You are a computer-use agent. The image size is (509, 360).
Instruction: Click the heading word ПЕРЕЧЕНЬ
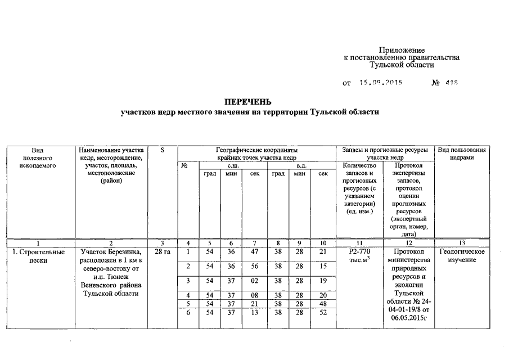[x=248, y=102]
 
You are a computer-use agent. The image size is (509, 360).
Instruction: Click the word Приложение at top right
[x=402, y=51]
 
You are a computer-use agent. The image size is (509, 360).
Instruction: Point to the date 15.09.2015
[x=382, y=83]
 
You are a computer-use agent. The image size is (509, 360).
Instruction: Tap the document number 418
[x=452, y=83]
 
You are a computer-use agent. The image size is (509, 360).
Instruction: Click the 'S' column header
[x=163, y=150]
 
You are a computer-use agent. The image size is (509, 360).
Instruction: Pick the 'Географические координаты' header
[x=256, y=150]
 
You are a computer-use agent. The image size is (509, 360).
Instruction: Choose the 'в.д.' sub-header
[x=300, y=165]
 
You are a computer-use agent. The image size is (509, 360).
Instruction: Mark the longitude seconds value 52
[x=322, y=313]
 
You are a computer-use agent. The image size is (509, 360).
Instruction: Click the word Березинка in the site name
[x=128, y=251]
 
